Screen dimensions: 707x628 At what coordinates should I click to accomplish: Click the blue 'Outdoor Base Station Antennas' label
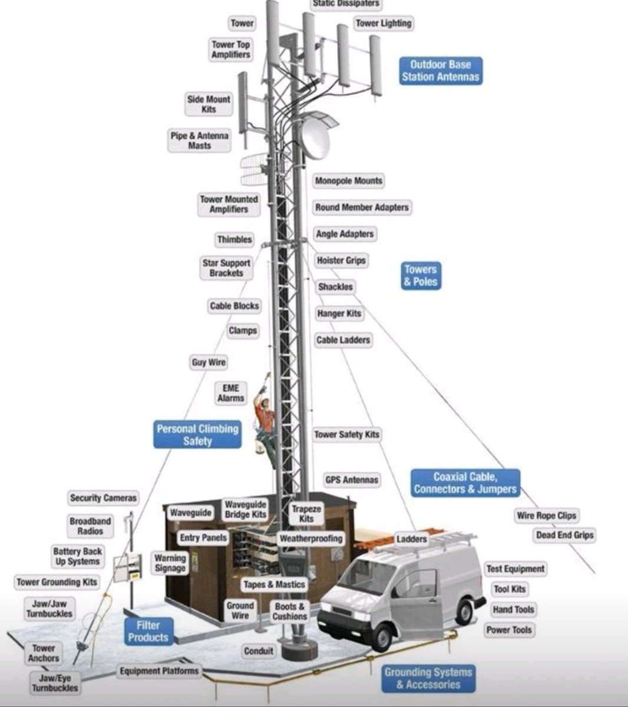point(440,71)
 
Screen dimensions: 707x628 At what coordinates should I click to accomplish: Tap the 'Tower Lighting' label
point(384,24)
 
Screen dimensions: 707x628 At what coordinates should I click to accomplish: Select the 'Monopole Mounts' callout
point(348,181)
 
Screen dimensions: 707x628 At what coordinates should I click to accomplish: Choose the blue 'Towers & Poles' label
point(421,276)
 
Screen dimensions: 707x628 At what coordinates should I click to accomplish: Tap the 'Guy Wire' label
point(209,362)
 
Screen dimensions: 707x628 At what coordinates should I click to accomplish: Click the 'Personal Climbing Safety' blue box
point(197,435)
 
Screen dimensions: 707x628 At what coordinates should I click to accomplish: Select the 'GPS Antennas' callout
point(352,480)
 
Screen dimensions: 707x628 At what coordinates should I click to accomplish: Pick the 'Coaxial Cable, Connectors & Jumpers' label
point(465,483)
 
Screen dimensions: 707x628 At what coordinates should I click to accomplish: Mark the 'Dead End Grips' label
point(564,536)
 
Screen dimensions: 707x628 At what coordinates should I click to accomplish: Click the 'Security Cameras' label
point(103,498)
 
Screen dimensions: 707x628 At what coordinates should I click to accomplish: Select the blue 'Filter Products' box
point(148,632)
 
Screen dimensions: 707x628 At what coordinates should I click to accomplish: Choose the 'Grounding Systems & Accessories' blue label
point(428,678)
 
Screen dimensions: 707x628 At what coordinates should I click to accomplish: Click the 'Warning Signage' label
point(170,563)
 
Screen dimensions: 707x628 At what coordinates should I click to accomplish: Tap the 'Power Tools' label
point(508,630)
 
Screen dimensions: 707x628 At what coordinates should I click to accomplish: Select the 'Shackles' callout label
point(335,287)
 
